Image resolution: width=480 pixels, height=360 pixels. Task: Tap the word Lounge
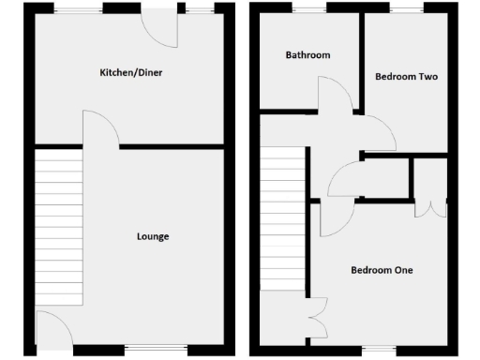(152, 236)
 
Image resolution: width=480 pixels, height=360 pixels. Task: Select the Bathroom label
(307, 55)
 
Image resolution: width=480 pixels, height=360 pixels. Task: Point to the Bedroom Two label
(406, 76)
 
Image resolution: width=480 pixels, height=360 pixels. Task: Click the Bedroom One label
(382, 270)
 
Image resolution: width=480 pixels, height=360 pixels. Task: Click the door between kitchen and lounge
(100, 128)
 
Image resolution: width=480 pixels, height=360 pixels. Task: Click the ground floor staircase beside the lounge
(57, 225)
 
